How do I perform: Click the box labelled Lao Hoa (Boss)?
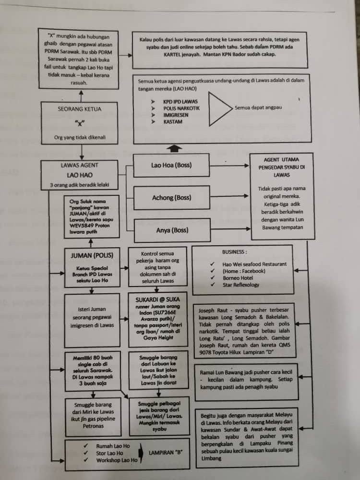click(x=171, y=165)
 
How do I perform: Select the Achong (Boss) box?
click(x=172, y=198)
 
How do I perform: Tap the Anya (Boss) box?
click(x=172, y=230)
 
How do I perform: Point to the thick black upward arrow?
click(x=174, y=148)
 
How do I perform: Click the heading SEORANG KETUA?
click(x=80, y=109)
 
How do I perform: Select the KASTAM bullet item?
click(x=173, y=122)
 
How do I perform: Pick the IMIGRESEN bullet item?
click(x=176, y=115)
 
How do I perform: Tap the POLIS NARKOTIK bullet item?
click(x=181, y=108)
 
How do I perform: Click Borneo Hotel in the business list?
click(x=238, y=278)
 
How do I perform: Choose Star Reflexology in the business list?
click(x=241, y=285)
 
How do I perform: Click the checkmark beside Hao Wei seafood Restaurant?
click(x=213, y=264)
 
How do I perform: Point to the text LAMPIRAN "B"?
click(x=165, y=453)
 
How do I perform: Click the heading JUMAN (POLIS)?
click(x=92, y=256)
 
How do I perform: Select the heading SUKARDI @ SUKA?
click(x=158, y=300)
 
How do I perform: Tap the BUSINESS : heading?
click(x=235, y=252)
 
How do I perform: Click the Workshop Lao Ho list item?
click(x=117, y=460)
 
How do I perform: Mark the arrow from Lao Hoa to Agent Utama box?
click(x=229, y=166)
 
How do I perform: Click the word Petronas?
click(x=93, y=426)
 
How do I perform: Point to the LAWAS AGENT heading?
click(x=80, y=165)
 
